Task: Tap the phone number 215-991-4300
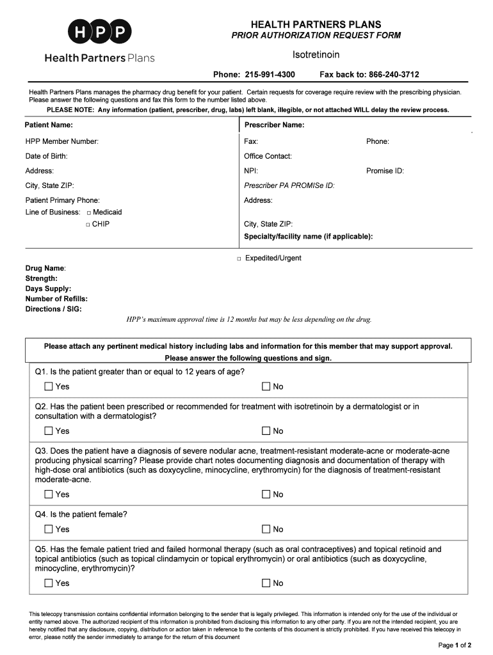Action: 270,75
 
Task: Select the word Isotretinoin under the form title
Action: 316,54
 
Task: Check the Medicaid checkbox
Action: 88,212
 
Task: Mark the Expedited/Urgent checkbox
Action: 238,258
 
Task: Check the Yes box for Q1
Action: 49,386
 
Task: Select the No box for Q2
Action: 266,431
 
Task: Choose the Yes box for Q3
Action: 49,494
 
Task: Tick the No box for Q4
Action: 266,529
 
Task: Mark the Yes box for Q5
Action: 49,583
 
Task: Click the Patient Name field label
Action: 49,125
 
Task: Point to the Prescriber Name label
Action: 274,125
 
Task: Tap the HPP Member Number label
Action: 62,141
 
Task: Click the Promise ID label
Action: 385,171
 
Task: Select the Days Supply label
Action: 49,288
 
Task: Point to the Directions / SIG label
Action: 54,309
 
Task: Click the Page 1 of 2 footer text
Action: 455,644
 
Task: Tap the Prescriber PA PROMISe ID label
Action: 289,185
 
